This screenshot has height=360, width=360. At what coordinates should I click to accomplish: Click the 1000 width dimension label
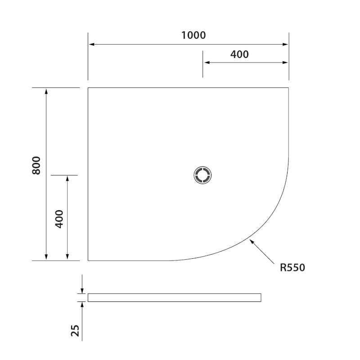pos(193,35)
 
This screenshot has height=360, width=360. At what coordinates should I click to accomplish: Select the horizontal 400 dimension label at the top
pos(239,54)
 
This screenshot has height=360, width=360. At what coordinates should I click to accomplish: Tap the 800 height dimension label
pos(36,166)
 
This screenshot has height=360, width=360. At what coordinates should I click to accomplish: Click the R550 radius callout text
pos(292,268)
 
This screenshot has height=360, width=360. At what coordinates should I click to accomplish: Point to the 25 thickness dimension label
pos(76,330)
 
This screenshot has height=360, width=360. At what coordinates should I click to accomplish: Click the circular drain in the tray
pos(203,175)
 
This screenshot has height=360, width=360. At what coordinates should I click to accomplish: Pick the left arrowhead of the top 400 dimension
pos(206,63)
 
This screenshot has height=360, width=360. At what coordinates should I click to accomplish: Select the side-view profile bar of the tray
pos(174,297)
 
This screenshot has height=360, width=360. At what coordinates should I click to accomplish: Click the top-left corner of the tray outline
pos(88,88)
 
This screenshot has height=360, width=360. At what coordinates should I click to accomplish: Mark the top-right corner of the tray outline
pos(288,88)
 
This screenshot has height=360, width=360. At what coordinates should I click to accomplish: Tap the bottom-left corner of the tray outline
pos(88,260)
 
